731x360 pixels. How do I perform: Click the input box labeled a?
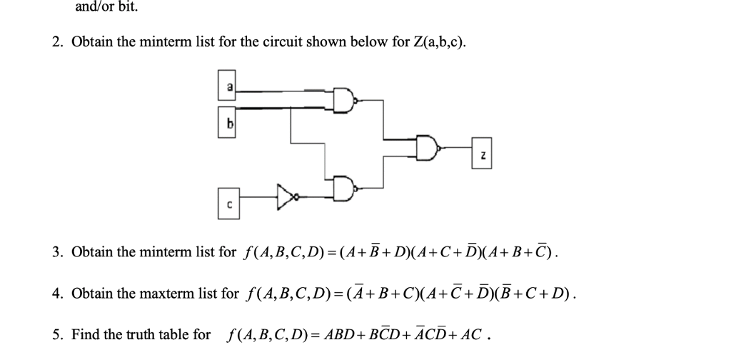click(x=229, y=86)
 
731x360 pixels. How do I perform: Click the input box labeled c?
click(x=229, y=203)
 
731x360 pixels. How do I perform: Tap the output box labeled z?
click(x=481, y=155)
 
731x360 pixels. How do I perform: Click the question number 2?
click(x=57, y=42)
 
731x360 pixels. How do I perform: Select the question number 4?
click(x=57, y=293)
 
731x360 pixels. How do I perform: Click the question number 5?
click(x=57, y=334)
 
